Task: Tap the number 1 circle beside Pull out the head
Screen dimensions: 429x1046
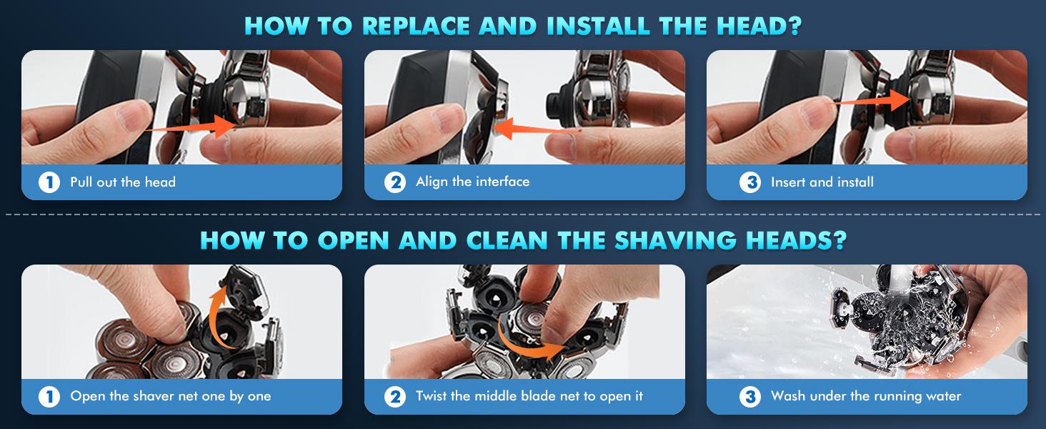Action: coord(49,182)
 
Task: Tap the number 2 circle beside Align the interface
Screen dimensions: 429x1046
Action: coord(394,182)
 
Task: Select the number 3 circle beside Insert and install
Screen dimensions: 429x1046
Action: coord(749,182)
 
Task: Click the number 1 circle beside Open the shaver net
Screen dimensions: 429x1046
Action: coord(49,396)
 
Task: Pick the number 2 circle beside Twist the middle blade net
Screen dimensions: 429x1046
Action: coord(394,396)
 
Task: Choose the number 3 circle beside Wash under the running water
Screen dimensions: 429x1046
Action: coord(749,396)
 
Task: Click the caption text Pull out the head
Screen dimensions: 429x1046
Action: coord(122,182)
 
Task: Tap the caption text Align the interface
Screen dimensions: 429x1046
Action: coord(472,182)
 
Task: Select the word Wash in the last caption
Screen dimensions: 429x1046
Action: coord(788,396)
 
